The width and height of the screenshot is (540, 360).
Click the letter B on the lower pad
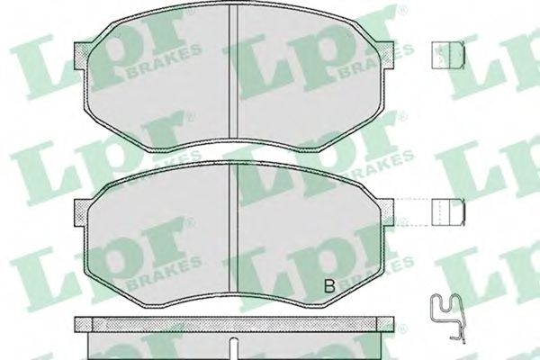(329, 285)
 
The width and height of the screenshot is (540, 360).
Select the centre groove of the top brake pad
(233, 73)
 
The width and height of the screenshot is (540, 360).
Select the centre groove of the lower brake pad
(234, 229)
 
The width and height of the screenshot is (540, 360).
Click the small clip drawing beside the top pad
(448, 55)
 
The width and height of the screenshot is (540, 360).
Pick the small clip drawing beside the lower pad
(448, 212)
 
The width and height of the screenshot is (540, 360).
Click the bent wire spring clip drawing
(447, 316)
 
